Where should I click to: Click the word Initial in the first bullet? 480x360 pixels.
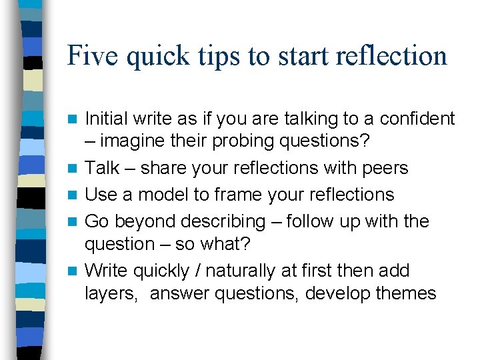tap(109, 119)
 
